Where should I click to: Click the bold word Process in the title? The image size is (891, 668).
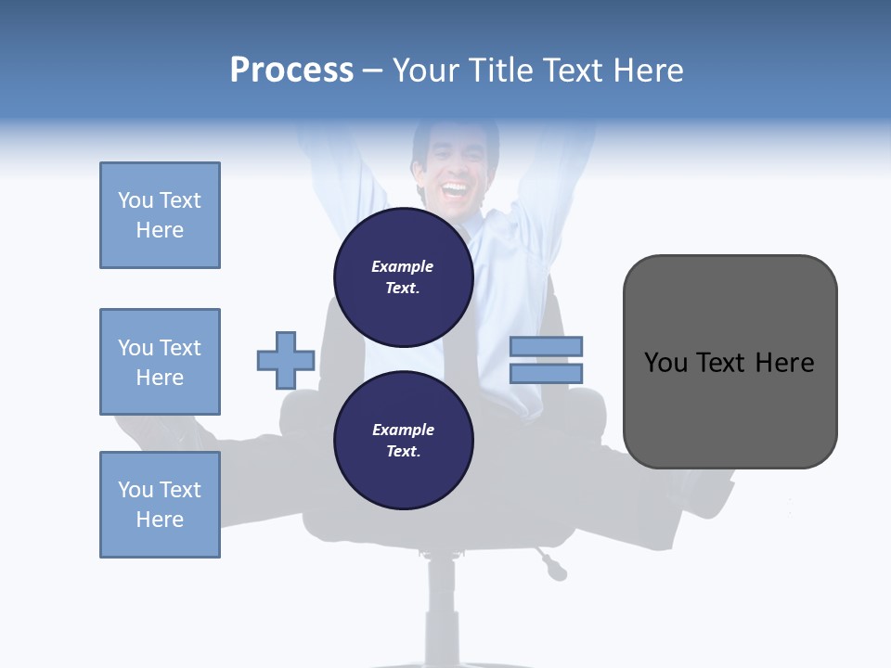(x=291, y=71)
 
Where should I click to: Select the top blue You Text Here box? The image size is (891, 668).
(x=160, y=215)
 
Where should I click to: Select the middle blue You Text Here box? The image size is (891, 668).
(x=160, y=362)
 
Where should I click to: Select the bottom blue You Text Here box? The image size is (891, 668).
(x=160, y=505)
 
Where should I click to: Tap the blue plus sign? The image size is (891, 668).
(x=286, y=360)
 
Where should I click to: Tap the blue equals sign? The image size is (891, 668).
(x=546, y=360)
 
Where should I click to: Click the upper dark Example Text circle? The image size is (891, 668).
(x=403, y=277)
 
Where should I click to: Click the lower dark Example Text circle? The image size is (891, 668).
(x=403, y=441)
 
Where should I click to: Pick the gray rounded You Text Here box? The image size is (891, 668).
(x=730, y=362)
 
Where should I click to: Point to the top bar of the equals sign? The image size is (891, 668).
(x=546, y=347)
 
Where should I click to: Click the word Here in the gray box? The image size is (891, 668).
(x=784, y=363)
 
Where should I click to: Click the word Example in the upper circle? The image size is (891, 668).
(x=403, y=266)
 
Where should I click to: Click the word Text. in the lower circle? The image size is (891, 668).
(x=403, y=452)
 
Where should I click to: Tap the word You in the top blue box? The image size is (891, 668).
(x=135, y=200)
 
